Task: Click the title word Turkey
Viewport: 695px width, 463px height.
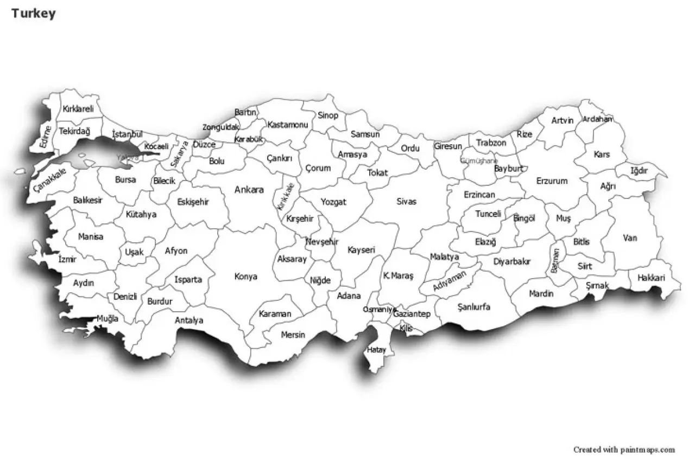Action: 33,14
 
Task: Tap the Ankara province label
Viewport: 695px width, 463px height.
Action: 249,190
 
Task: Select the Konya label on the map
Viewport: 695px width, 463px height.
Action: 245,276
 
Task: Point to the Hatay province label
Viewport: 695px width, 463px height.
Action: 376,350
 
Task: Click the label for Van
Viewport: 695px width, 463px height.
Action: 630,237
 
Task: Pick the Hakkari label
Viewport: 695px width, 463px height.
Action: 651,278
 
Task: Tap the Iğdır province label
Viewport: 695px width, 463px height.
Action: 639,171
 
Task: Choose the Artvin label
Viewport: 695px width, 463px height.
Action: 562,120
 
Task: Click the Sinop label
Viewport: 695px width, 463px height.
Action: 328,115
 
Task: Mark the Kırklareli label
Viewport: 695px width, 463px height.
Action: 78,109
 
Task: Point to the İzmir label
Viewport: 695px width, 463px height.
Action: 67,259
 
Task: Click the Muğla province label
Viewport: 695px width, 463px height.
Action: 107,319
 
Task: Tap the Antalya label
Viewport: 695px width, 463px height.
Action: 189,320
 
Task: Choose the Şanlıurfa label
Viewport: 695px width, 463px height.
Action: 473,307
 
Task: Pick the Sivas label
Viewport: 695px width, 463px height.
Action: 406,201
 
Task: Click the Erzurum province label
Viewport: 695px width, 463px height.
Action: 552,181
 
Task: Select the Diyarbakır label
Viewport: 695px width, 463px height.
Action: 511,261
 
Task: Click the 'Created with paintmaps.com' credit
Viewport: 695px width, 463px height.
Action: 624,449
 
